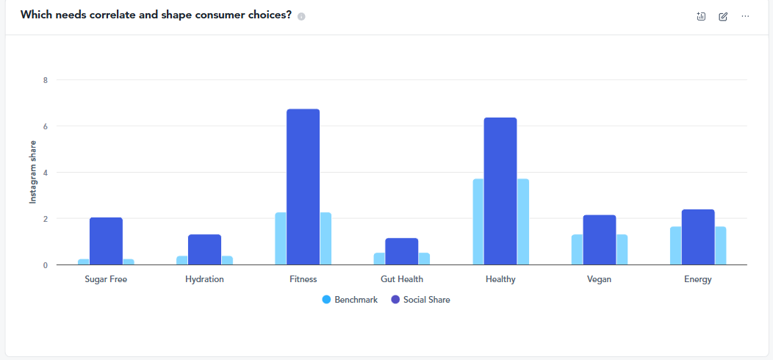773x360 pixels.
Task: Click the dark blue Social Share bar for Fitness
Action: pyautogui.click(x=303, y=187)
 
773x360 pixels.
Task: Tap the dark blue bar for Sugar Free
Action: pyautogui.click(x=106, y=241)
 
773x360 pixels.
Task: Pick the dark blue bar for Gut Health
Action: pyautogui.click(x=401, y=251)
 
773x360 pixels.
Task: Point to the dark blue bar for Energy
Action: pyautogui.click(x=697, y=237)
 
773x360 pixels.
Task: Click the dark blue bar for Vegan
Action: pyautogui.click(x=599, y=240)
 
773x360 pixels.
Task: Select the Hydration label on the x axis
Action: pyautogui.click(x=204, y=279)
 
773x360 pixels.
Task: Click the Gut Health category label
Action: pyautogui.click(x=401, y=279)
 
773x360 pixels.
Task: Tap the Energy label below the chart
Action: pyautogui.click(x=697, y=279)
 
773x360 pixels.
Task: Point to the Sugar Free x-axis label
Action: pyautogui.click(x=106, y=279)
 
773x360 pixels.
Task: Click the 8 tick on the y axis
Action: pyautogui.click(x=45, y=80)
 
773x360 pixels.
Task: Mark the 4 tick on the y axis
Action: pyautogui.click(x=45, y=173)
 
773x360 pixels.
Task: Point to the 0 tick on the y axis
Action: pyautogui.click(x=45, y=265)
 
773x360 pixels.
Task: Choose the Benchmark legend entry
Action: pyautogui.click(x=350, y=300)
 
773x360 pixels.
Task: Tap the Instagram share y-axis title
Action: pyautogui.click(x=32, y=172)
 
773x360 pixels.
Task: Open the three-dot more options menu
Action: pyautogui.click(x=745, y=16)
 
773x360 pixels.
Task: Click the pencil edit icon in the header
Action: pyautogui.click(x=723, y=16)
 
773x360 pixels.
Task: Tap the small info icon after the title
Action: pyautogui.click(x=301, y=16)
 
